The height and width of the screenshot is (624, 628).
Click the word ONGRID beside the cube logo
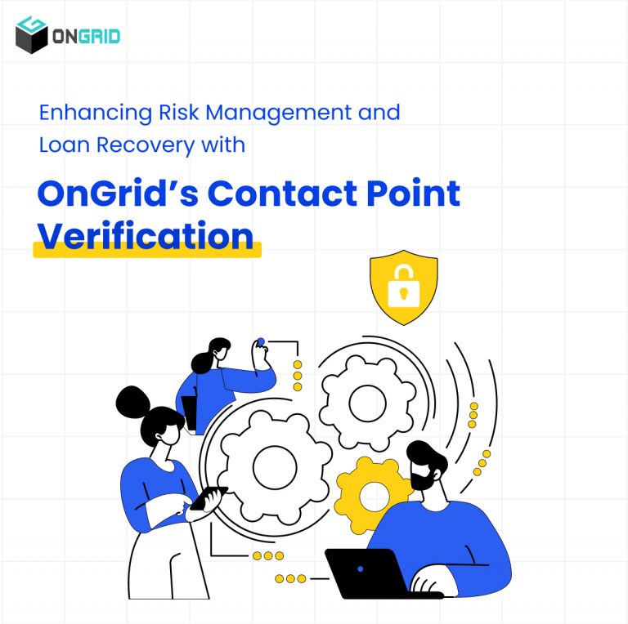tap(86, 37)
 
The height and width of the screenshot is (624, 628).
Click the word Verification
tap(146, 235)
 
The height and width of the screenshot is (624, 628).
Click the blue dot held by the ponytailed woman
tap(260, 341)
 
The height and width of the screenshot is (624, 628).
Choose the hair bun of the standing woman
tap(132, 401)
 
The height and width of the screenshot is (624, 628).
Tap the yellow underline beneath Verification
tap(147, 251)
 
